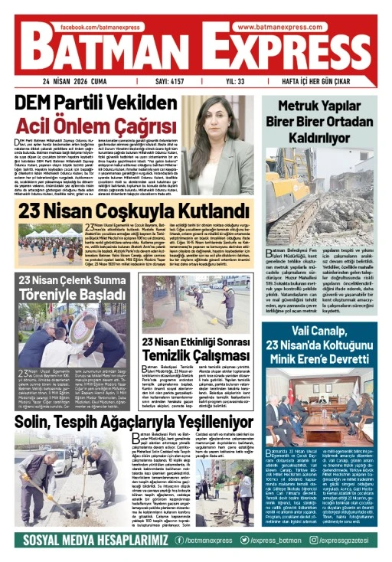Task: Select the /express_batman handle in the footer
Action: tap(274, 541)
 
